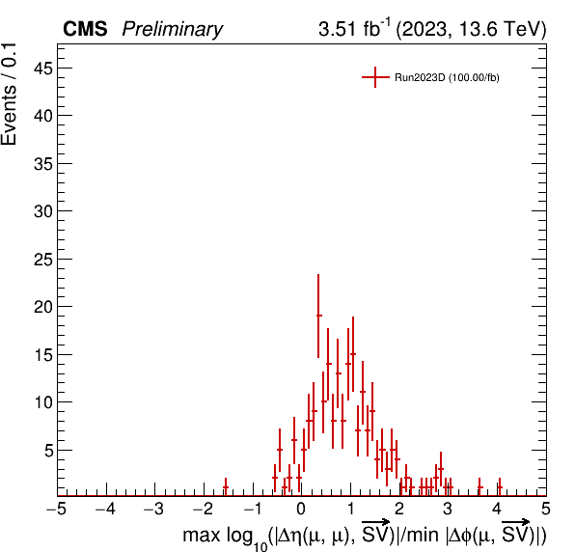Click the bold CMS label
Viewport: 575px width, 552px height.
tap(85, 29)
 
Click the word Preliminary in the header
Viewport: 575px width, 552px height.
tap(173, 30)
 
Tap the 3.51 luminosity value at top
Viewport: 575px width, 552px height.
tap(337, 29)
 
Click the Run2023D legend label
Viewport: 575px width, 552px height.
tap(447, 78)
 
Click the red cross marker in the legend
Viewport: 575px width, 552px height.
tap(375, 77)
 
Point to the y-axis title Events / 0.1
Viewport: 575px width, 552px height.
tap(9, 95)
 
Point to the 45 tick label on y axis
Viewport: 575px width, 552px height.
tap(43, 69)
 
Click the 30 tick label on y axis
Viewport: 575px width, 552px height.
tap(43, 211)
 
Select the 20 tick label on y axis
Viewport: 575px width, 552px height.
tap(43, 307)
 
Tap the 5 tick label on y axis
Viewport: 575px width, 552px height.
tap(49, 451)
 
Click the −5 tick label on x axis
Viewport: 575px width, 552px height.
tap(57, 510)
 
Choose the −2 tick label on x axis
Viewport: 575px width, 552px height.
tap(204, 510)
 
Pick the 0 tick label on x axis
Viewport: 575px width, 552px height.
tap(301, 510)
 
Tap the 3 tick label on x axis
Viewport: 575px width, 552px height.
tap(448, 510)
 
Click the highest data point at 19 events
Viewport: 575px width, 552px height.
tap(318, 316)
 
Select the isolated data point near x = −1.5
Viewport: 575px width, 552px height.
tap(226, 487)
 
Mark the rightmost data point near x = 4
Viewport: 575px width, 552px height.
tap(500, 487)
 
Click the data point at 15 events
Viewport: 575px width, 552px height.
tap(353, 354)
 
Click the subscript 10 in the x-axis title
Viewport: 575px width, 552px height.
tap(260, 546)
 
